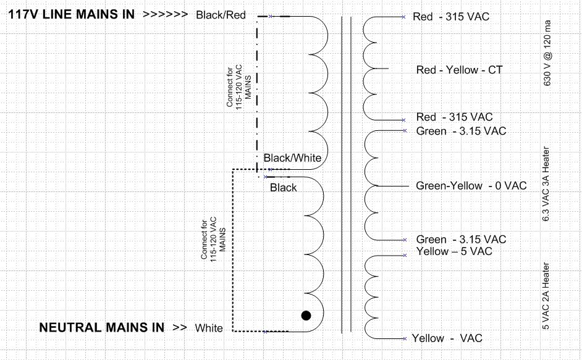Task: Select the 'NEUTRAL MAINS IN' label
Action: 101,327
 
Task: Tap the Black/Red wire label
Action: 221,15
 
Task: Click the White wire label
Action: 209,328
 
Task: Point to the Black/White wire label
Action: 292,158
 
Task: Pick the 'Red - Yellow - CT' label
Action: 459,70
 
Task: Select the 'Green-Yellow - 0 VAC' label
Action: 471,186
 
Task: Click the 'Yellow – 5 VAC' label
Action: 454,251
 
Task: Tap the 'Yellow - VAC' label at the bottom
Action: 447,338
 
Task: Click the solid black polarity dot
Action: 306,316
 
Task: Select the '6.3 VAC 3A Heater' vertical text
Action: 546,184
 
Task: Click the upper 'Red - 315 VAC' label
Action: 450,17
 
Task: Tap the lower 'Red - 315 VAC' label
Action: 454,117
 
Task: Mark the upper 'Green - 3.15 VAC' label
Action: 461,131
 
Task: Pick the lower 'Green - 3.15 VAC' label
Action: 461,240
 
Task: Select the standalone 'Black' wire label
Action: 283,188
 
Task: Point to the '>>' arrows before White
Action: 179,327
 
